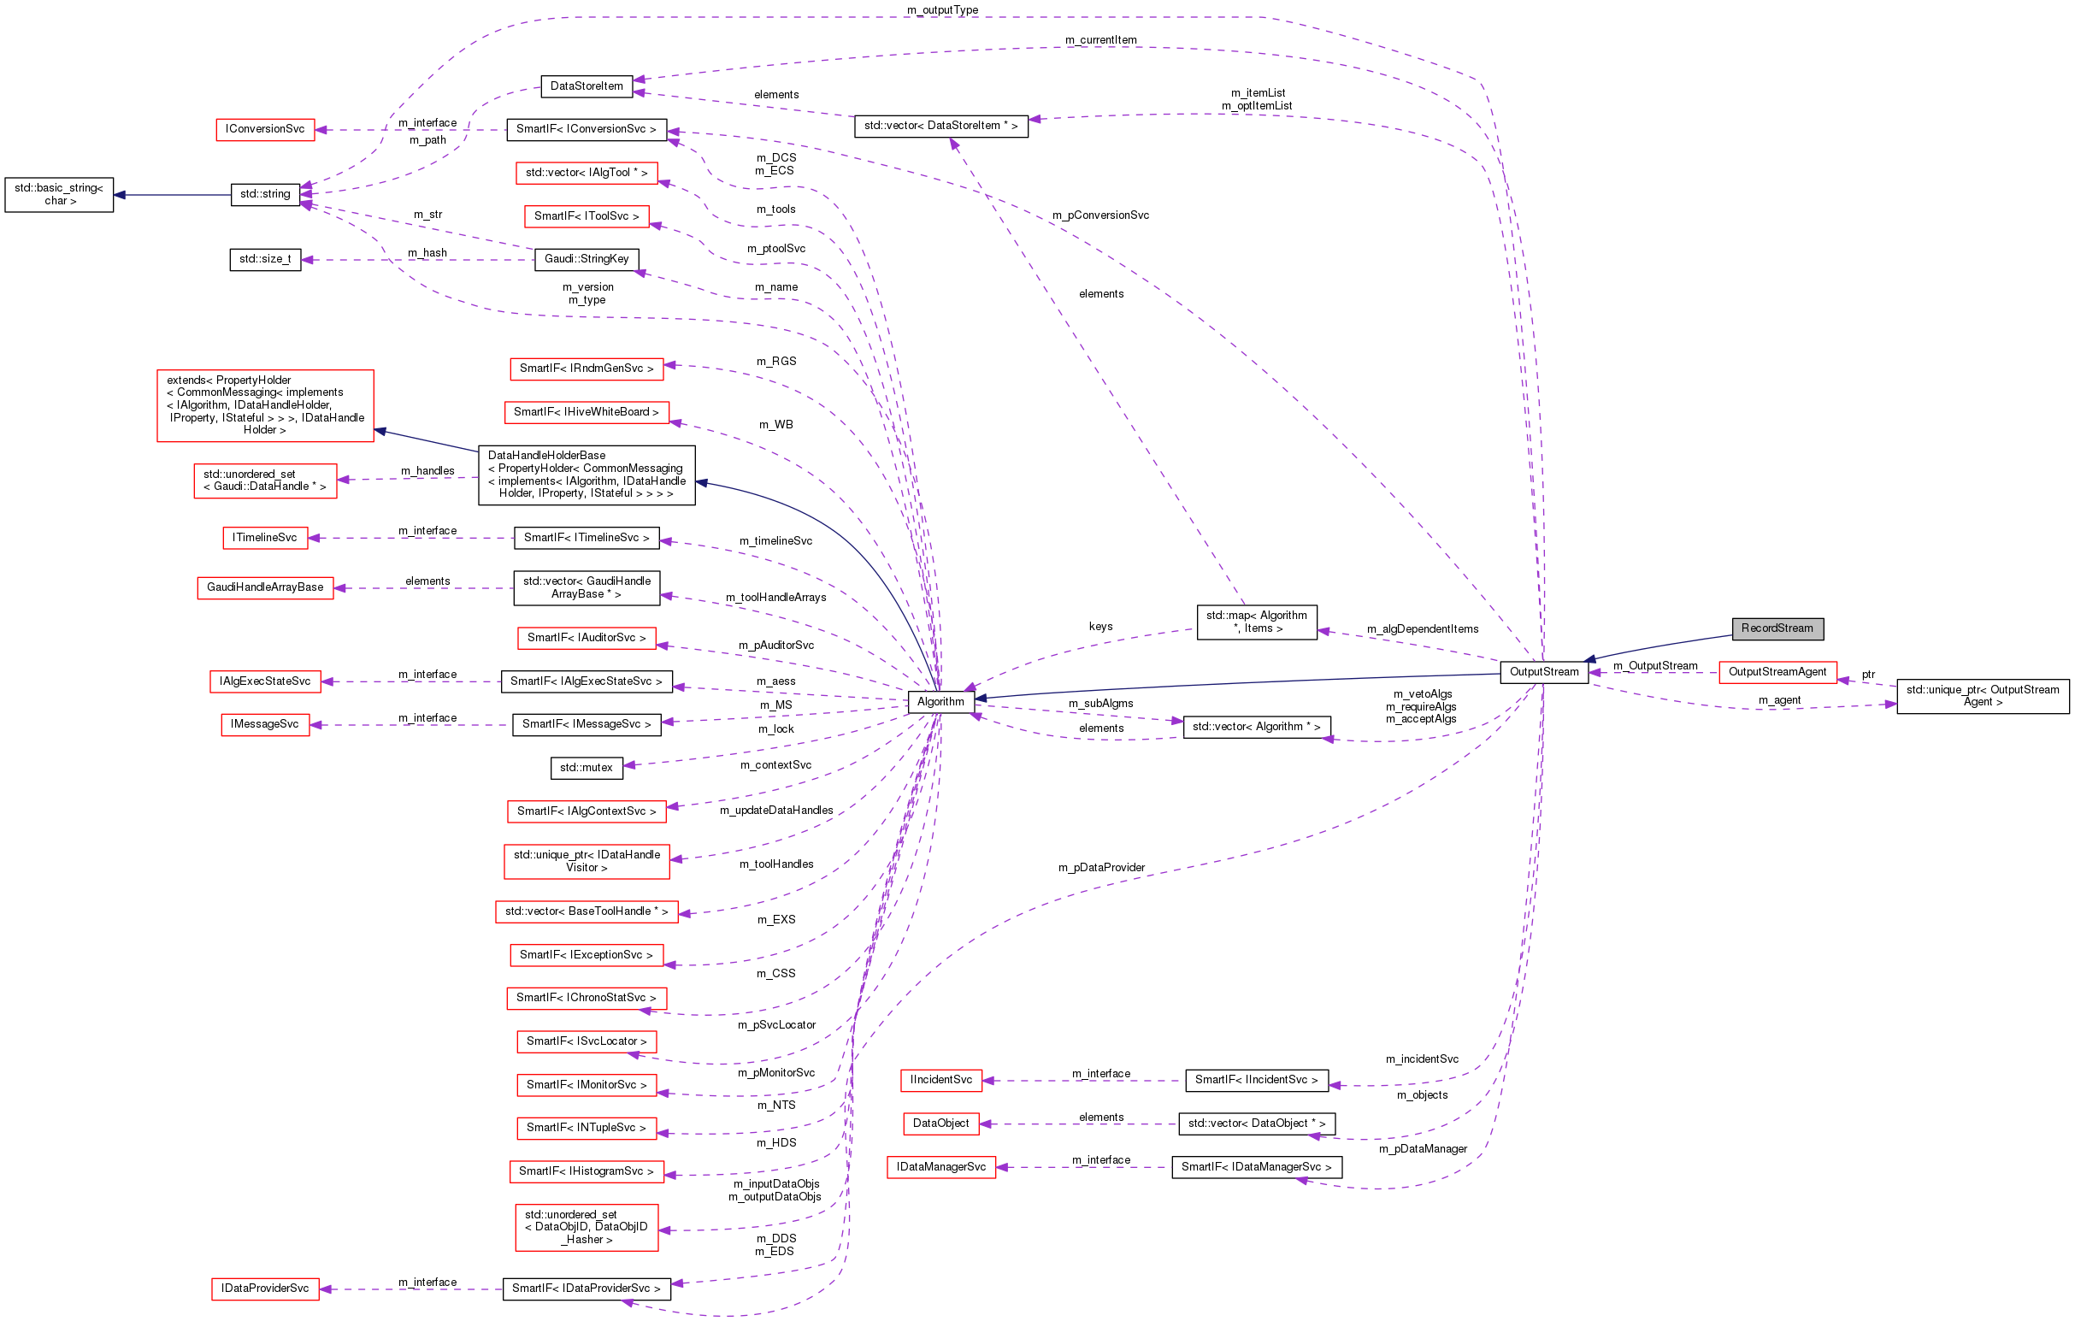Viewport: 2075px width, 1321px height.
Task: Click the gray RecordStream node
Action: [x=1777, y=628]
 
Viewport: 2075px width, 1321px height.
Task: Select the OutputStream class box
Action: [x=1543, y=672]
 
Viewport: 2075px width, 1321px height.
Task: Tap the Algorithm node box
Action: [x=940, y=702]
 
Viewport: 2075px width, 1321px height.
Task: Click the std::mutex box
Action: [x=586, y=768]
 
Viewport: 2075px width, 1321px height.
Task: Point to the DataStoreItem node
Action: [x=586, y=86]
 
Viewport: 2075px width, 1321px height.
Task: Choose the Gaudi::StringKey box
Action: [x=586, y=259]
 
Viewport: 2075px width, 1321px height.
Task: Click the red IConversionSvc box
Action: [x=264, y=129]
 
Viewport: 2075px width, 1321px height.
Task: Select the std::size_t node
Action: [x=264, y=259]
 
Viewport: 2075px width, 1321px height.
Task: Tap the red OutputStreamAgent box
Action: [x=1777, y=672]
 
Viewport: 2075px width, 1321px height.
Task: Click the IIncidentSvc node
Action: [x=940, y=1080]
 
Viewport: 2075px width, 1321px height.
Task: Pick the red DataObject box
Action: [x=940, y=1123]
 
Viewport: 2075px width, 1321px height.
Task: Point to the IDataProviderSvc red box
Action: [x=264, y=1289]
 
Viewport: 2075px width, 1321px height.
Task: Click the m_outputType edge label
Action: [x=942, y=10]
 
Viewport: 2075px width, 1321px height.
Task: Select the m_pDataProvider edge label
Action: [x=1101, y=868]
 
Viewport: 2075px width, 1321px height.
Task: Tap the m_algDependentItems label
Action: [x=1422, y=629]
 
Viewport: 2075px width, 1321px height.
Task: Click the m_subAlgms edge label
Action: [x=1100, y=704]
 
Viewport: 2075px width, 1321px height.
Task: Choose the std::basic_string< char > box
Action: [x=59, y=195]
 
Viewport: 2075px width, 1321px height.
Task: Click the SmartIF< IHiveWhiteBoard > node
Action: [x=586, y=412]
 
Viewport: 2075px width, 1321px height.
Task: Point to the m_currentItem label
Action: [x=1100, y=40]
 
